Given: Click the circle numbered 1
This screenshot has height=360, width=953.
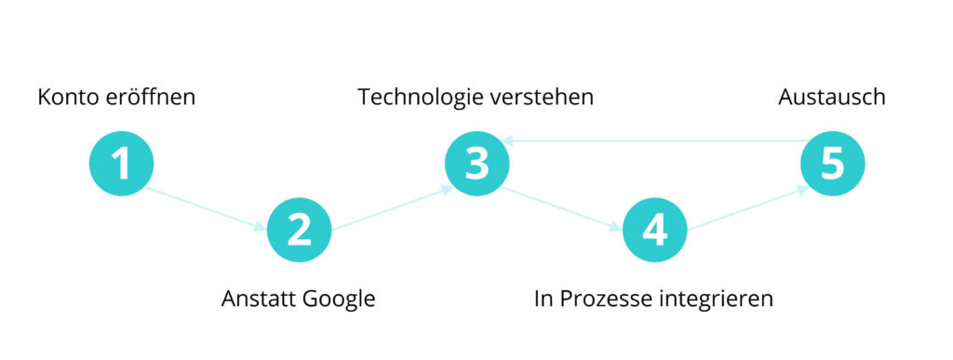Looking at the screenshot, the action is pos(121,164).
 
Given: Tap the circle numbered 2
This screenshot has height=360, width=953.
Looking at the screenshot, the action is pos(299,229).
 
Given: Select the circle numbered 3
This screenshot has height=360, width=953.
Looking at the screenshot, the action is pos(476,164).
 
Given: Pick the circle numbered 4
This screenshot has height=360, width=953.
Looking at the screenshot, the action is pos(654,229).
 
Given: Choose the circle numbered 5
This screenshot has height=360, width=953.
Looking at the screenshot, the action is pos(833,164).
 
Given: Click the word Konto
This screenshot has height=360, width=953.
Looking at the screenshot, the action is pos(66,97).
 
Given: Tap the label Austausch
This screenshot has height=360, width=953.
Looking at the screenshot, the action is pos(832,97).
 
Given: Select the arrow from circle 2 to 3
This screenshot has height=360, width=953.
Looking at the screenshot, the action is pos(392,207).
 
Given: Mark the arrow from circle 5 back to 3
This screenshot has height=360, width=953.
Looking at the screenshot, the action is pos(651,141).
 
